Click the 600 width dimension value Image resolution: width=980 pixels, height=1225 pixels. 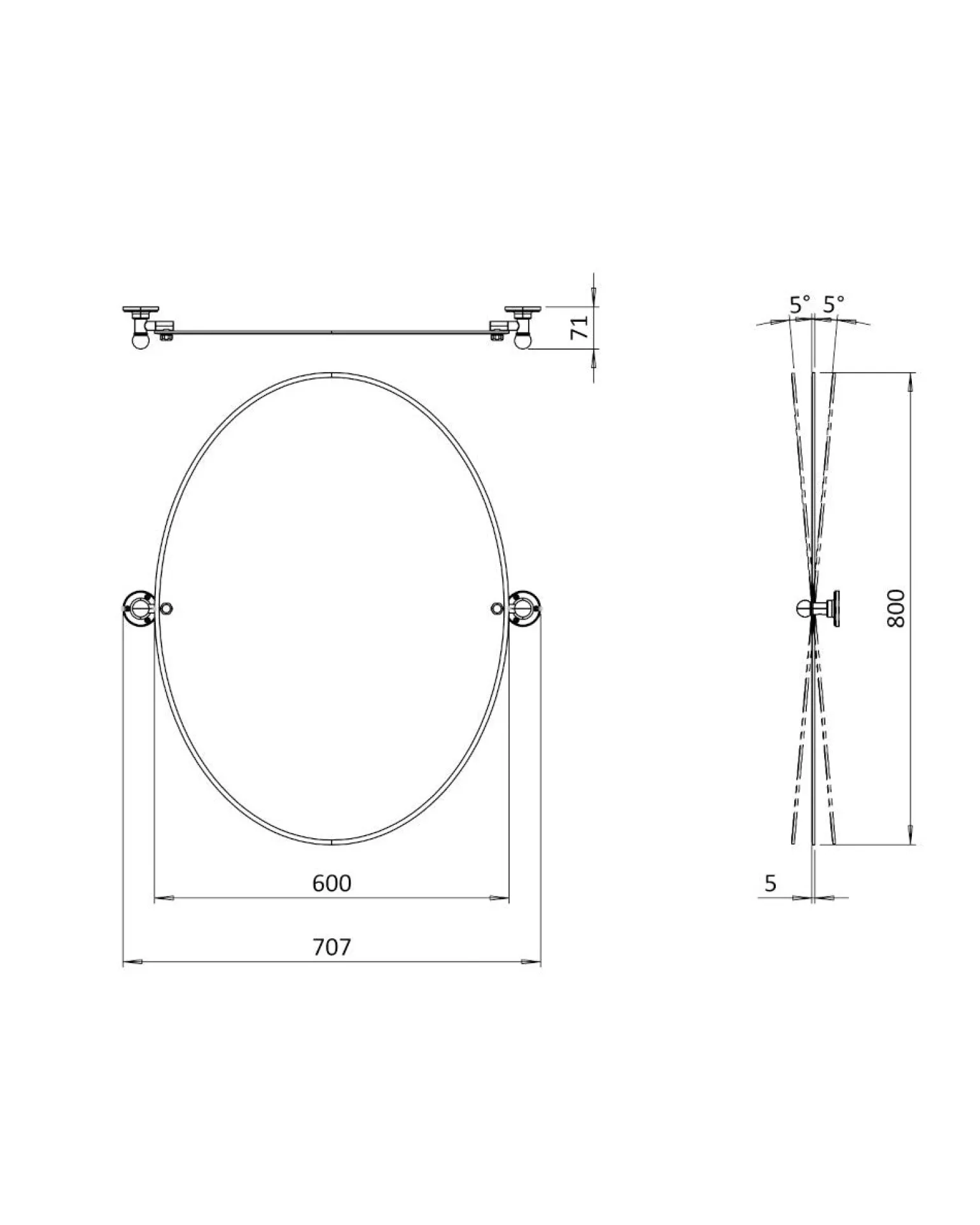coord(332,883)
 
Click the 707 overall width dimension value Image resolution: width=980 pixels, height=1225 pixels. coord(332,947)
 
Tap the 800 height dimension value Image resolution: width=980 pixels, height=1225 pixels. coord(895,608)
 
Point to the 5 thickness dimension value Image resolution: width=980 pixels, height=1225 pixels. coord(771,883)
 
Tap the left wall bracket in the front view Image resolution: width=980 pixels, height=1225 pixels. coord(139,609)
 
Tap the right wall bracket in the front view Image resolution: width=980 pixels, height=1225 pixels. coord(525,609)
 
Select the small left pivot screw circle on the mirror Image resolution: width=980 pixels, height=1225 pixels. coord(167,609)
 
